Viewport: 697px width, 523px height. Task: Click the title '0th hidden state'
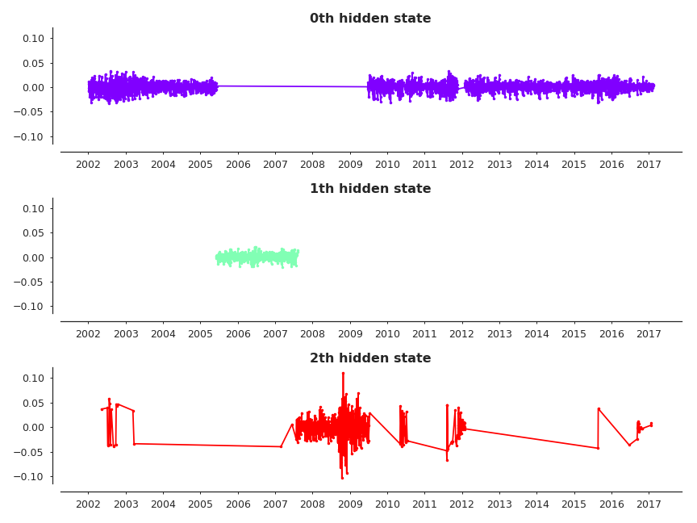[x=370, y=19]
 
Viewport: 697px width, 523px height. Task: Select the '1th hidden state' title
[x=370, y=189]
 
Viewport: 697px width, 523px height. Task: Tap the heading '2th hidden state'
[x=370, y=358]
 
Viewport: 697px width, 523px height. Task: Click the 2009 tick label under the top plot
[x=349, y=165]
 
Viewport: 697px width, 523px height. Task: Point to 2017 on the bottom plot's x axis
[x=649, y=504]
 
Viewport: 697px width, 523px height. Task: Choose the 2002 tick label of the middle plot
[x=88, y=335]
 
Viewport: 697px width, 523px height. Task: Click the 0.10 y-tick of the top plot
[x=33, y=39]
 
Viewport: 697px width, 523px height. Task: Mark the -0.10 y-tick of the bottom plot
[x=31, y=476]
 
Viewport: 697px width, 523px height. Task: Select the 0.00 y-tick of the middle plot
[x=33, y=257]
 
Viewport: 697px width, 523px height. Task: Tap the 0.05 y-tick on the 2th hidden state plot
[x=33, y=403]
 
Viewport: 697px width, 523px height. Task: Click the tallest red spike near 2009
[x=343, y=373]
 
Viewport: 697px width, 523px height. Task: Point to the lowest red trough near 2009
[x=342, y=478]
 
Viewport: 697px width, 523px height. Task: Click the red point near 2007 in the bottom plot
[x=281, y=446]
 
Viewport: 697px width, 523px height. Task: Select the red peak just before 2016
[x=599, y=408]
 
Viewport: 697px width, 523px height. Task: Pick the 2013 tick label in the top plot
[x=499, y=165]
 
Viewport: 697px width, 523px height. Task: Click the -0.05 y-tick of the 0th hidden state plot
[x=31, y=112]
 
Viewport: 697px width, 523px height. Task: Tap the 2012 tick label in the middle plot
[x=461, y=335]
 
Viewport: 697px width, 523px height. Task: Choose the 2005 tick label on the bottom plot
[x=200, y=504]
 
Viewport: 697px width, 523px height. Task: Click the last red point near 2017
[x=651, y=424]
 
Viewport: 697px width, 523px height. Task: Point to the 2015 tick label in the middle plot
[x=574, y=335]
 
